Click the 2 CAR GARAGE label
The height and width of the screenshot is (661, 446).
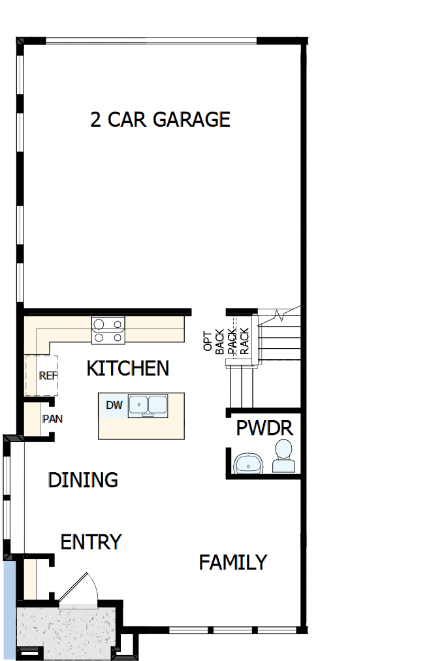160,120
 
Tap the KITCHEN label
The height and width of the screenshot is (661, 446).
128,368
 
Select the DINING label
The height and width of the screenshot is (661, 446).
83,480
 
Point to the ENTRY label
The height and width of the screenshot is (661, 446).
91,542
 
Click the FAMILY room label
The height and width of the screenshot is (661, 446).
233,562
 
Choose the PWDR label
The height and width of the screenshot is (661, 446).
264,428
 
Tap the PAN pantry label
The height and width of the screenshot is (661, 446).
52,419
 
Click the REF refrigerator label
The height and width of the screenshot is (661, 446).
48,376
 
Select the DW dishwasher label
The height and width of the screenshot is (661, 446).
114,405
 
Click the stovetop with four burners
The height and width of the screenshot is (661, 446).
108,330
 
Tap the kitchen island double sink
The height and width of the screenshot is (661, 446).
148,406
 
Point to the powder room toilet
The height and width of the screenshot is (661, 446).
283,456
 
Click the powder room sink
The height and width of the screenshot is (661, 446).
249,464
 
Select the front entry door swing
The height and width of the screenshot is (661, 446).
79,589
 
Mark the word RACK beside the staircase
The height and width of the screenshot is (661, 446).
244,340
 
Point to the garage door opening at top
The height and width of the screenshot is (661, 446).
151,41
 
